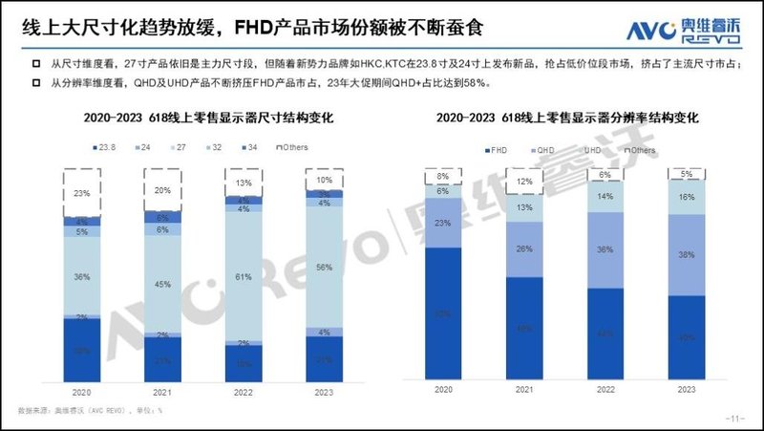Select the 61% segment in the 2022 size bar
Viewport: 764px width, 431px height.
[244, 277]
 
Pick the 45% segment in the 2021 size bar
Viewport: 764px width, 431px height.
[163, 283]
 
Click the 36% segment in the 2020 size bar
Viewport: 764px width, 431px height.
[82, 277]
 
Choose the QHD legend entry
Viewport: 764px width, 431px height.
[542, 150]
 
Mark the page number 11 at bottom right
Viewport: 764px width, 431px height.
[735, 419]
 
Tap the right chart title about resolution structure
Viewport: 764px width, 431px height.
[567, 119]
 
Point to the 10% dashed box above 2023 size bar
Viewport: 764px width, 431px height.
[325, 180]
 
